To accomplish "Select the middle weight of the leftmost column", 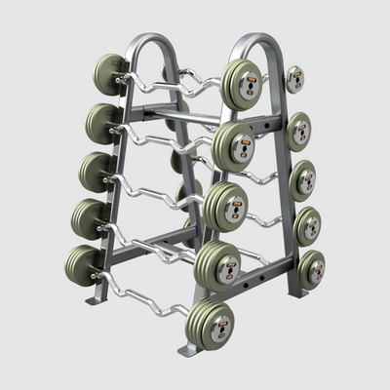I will [96, 170].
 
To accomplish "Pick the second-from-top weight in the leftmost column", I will [101, 122].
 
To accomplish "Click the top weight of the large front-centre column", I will [240, 83].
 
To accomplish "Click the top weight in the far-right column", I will [293, 79].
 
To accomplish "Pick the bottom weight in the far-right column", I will [311, 269].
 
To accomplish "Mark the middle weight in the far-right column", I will [303, 179].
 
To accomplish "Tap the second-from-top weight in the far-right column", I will [298, 130].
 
